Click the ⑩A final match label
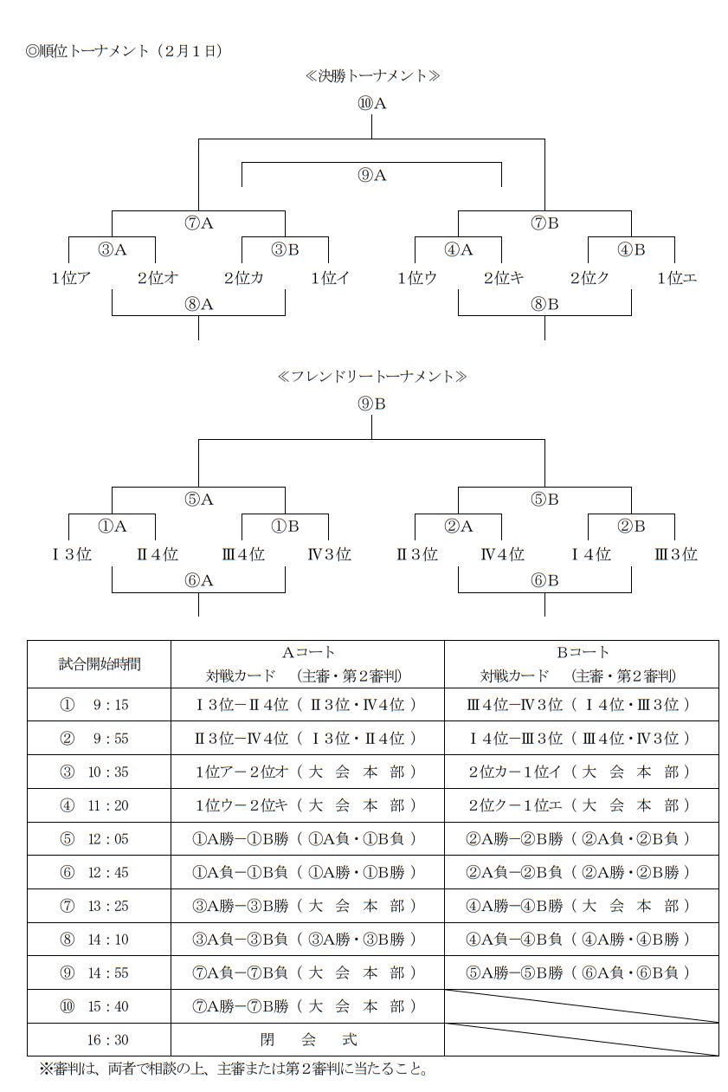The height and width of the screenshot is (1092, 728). coord(371,103)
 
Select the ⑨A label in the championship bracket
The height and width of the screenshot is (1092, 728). coord(371,175)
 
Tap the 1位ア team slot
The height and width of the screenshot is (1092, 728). coord(71,278)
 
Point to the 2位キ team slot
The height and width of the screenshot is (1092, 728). coord(503,278)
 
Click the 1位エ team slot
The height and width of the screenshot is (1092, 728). coord(677,278)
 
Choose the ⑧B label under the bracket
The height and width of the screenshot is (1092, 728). coord(544,304)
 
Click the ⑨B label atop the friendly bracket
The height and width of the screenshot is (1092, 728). coord(371,404)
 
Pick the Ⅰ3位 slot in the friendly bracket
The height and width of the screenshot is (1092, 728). coord(71,554)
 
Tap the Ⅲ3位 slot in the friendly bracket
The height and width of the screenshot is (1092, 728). coord(676,554)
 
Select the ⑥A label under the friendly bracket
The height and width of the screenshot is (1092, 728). coord(198,580)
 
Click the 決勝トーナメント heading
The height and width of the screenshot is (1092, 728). coord(372,76)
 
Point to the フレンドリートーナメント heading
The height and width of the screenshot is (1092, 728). coord(372,377)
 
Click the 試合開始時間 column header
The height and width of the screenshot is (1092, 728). coord(99,664)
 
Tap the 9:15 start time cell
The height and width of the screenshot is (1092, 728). coord(99,705)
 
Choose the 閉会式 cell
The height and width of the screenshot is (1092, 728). coord(307,1039)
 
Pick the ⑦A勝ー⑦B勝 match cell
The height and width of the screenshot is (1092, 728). coord(307,1006)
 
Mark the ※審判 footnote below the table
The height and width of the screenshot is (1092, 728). coord(234,1069)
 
